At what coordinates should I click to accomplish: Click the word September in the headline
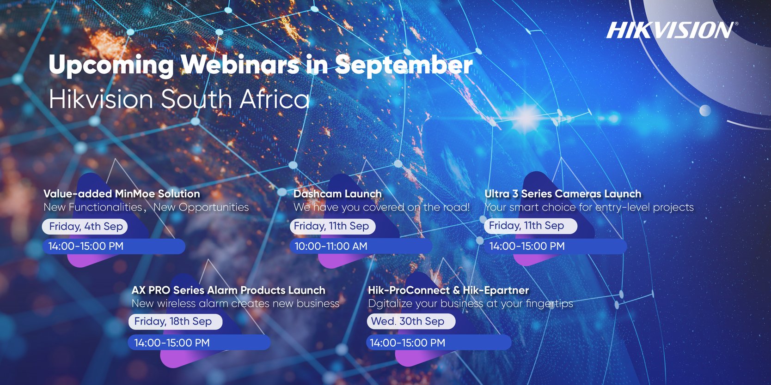pyautogui.click(x=404, y=65)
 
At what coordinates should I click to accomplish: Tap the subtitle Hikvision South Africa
pyautogui.click(x=179, y=99)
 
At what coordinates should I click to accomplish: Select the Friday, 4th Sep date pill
pyautogui.click(x=86, y=227)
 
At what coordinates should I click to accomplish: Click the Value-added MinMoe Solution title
pyautogui.click(x=122, y=194)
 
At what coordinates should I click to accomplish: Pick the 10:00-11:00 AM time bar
pyautogui.click(x=361, y=247)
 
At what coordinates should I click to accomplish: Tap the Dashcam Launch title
pyautogui.click(x=337, y=194)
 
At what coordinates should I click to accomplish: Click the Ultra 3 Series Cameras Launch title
pyautogui.click(x=563, y=194)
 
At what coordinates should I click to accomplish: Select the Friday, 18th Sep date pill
pyautogui.click(x=175, y=322)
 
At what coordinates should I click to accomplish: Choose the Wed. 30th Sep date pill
pyautogui.click(x=410, y=322)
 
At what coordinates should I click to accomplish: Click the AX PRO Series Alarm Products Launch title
pyautogui.click(x=228, y=290)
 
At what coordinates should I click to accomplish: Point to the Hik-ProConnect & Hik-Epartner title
pyautogui.click(x=448, y=290)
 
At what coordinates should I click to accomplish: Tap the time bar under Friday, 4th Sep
pyautogui.click(x=114, y=247)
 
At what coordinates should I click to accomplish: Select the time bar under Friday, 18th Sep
pyautogui.click(x=199, y=343)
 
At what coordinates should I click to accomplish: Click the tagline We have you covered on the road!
pyautogui.click(x=381, y=208)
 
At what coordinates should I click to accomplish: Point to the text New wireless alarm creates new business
pyautogui.click(x=235, y=304)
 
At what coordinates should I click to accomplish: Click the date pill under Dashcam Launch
pyautogui.click(x=332, y=226)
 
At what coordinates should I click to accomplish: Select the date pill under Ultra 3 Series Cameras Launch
pyautogui.click(x=530, y=226)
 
